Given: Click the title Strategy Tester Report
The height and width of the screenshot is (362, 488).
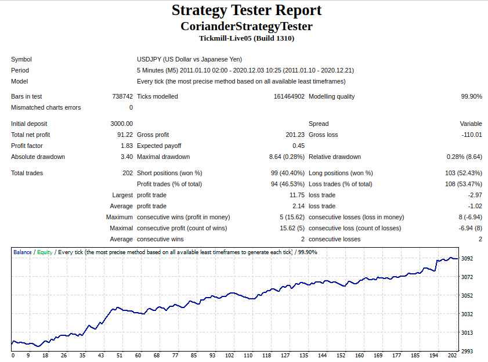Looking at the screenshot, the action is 247,10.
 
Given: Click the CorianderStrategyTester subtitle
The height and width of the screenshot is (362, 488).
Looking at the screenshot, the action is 247,27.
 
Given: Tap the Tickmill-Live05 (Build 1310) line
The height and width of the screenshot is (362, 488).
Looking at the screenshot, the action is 247,38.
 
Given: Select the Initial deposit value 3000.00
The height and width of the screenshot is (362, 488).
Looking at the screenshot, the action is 122,124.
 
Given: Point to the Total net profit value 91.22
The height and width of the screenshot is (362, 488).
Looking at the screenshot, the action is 125,135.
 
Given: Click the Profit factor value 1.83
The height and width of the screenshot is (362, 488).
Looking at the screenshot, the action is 126,146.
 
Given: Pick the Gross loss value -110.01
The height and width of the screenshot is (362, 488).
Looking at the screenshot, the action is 472,135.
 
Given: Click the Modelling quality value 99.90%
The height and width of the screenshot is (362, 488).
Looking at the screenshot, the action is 472,96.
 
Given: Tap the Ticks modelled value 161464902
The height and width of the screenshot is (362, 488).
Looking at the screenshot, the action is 289,96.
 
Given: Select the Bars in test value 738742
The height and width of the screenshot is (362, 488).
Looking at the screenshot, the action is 122,96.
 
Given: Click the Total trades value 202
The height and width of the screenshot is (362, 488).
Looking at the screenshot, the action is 128,173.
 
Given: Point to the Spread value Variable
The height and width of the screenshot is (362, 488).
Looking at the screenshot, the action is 471,124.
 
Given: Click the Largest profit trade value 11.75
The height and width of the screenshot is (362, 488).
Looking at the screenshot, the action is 297,195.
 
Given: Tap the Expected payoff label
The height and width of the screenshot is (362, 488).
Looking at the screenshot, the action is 159,146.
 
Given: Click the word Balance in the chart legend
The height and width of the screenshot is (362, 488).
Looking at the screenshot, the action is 23,252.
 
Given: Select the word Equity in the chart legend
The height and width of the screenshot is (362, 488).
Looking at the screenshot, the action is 45,252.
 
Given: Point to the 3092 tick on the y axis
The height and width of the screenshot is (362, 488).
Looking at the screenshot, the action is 467,258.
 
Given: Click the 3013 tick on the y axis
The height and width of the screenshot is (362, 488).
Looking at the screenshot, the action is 467,333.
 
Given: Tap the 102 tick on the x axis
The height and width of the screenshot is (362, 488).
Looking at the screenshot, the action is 230,356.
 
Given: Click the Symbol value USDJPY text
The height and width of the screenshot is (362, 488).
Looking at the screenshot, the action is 149,59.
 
